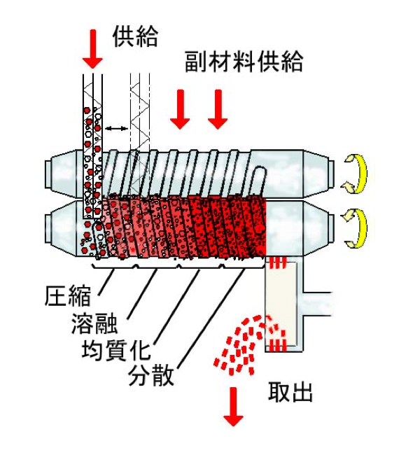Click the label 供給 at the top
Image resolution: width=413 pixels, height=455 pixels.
(x=135, y=37)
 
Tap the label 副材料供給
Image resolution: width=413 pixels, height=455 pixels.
(x=244, y=62)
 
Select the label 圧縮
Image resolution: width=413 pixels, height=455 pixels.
(x=68, y=296)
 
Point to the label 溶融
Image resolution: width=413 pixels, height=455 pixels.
(x=94, y=323)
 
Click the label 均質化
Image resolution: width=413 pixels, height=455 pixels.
(x=116, y=350)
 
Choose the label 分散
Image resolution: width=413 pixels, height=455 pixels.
(x=151, y=375)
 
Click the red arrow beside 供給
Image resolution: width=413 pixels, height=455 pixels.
(x=92, y=49)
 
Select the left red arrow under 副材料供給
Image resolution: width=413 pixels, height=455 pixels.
(x=180, y=109)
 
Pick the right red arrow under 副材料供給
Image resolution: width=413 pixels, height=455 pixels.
(x=218, y=109)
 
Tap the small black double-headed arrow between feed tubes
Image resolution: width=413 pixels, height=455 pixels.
(x=116, y=128)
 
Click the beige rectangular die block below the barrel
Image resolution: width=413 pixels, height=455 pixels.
(x=281, y=303)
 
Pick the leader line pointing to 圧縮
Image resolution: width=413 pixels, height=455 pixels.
(x=106, y=282)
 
